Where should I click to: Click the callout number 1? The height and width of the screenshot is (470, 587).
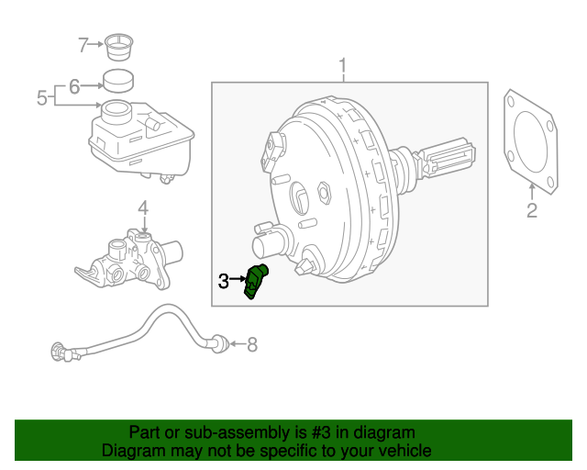pos(343,66)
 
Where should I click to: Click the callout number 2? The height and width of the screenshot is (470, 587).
pos(531,213)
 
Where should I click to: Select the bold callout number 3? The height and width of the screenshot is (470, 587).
pos(224,282)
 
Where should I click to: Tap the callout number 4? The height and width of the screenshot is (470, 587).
pos(143,210)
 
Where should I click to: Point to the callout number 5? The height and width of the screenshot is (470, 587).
pos(41,96)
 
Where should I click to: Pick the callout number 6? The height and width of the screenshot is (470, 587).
pos(74,86)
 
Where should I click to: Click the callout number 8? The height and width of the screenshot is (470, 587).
pos(252,345)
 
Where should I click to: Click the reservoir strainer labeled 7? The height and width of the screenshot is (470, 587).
pos(116,44)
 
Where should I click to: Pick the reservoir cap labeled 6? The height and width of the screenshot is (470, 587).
pos(116,80)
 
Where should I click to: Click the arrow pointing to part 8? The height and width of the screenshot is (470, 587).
pos(236,345)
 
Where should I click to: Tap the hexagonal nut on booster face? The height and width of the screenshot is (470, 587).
pos(323,193)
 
